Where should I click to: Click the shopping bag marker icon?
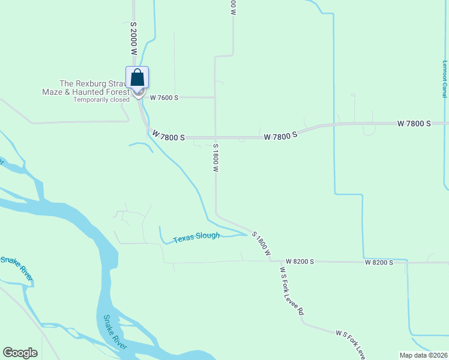(x=137, y=78)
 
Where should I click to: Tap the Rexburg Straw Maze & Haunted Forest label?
(x=94, y=88)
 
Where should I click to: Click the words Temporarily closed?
(x=101, y=100)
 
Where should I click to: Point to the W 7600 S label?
(x=164, y=97)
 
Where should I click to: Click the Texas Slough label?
(x=196, y=238)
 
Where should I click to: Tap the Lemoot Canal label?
(x=445, y=79)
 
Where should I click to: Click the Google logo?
(x=20, y=353)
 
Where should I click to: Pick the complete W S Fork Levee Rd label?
(x=292, y=292)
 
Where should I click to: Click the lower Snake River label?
(x=115, y=332)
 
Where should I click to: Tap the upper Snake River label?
(x=16, y=268)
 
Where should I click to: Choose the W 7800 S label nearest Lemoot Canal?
(x=414, y=123)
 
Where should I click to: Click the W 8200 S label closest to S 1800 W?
(x=301, y=262)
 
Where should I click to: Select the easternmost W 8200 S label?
(x=379, y=262)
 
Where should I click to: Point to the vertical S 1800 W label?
(x=214, y=158)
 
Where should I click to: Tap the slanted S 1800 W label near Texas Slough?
(x=262, y=244)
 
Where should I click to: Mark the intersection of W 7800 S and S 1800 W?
(x=215, y=137)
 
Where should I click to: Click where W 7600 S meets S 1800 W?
(x=215, y=97)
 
